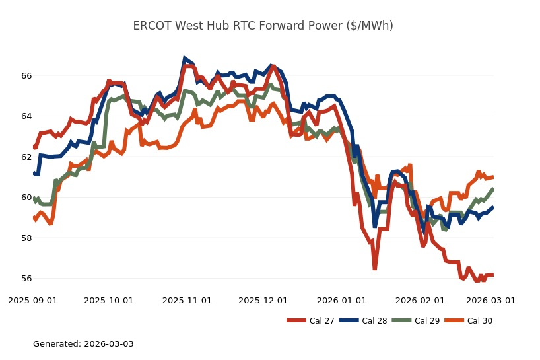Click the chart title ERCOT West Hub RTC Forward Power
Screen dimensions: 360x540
(263, 26)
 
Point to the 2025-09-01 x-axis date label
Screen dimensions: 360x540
(32, 300)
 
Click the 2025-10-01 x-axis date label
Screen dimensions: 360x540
(109, 300)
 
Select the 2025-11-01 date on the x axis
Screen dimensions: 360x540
(187, 300)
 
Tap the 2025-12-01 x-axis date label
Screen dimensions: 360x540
(263, 300)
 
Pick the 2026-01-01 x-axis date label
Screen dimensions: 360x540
(341, 300)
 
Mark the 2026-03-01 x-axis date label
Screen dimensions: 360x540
(490, 300)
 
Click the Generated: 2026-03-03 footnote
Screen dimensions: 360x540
(83, 344)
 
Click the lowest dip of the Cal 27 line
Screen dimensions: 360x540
(374, 268)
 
